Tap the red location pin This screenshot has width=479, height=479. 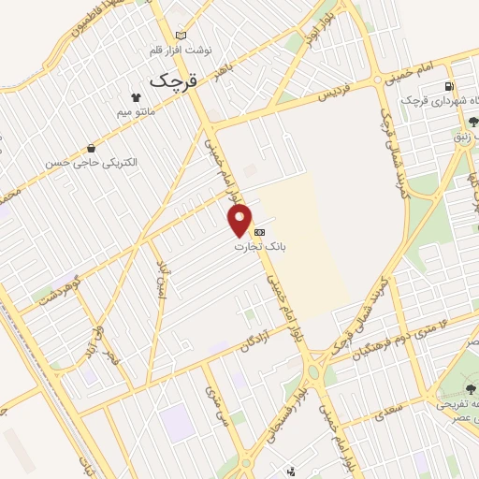(x=240, y=221)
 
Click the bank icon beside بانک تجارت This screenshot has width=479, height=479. (x=260, y=231)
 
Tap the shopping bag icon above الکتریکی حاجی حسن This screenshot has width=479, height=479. (x=91, y=148)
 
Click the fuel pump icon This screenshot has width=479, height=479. (x=451, y=88)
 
